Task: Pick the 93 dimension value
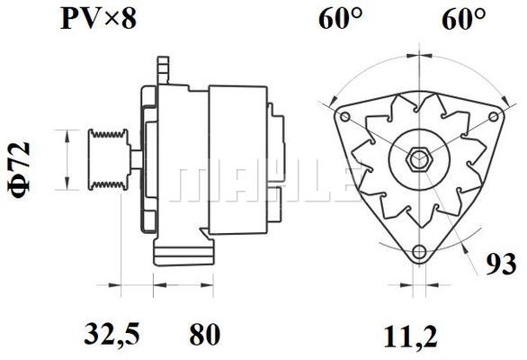pos(500,265)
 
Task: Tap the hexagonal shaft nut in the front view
pos(416,160)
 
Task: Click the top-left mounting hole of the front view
pos(344,115)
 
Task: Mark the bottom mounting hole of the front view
pos(416,252)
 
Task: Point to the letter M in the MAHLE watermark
pos(193,183)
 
